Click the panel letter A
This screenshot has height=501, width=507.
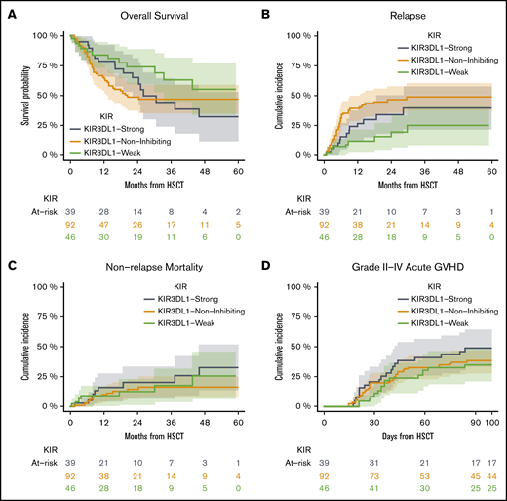(x=10, y=11)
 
